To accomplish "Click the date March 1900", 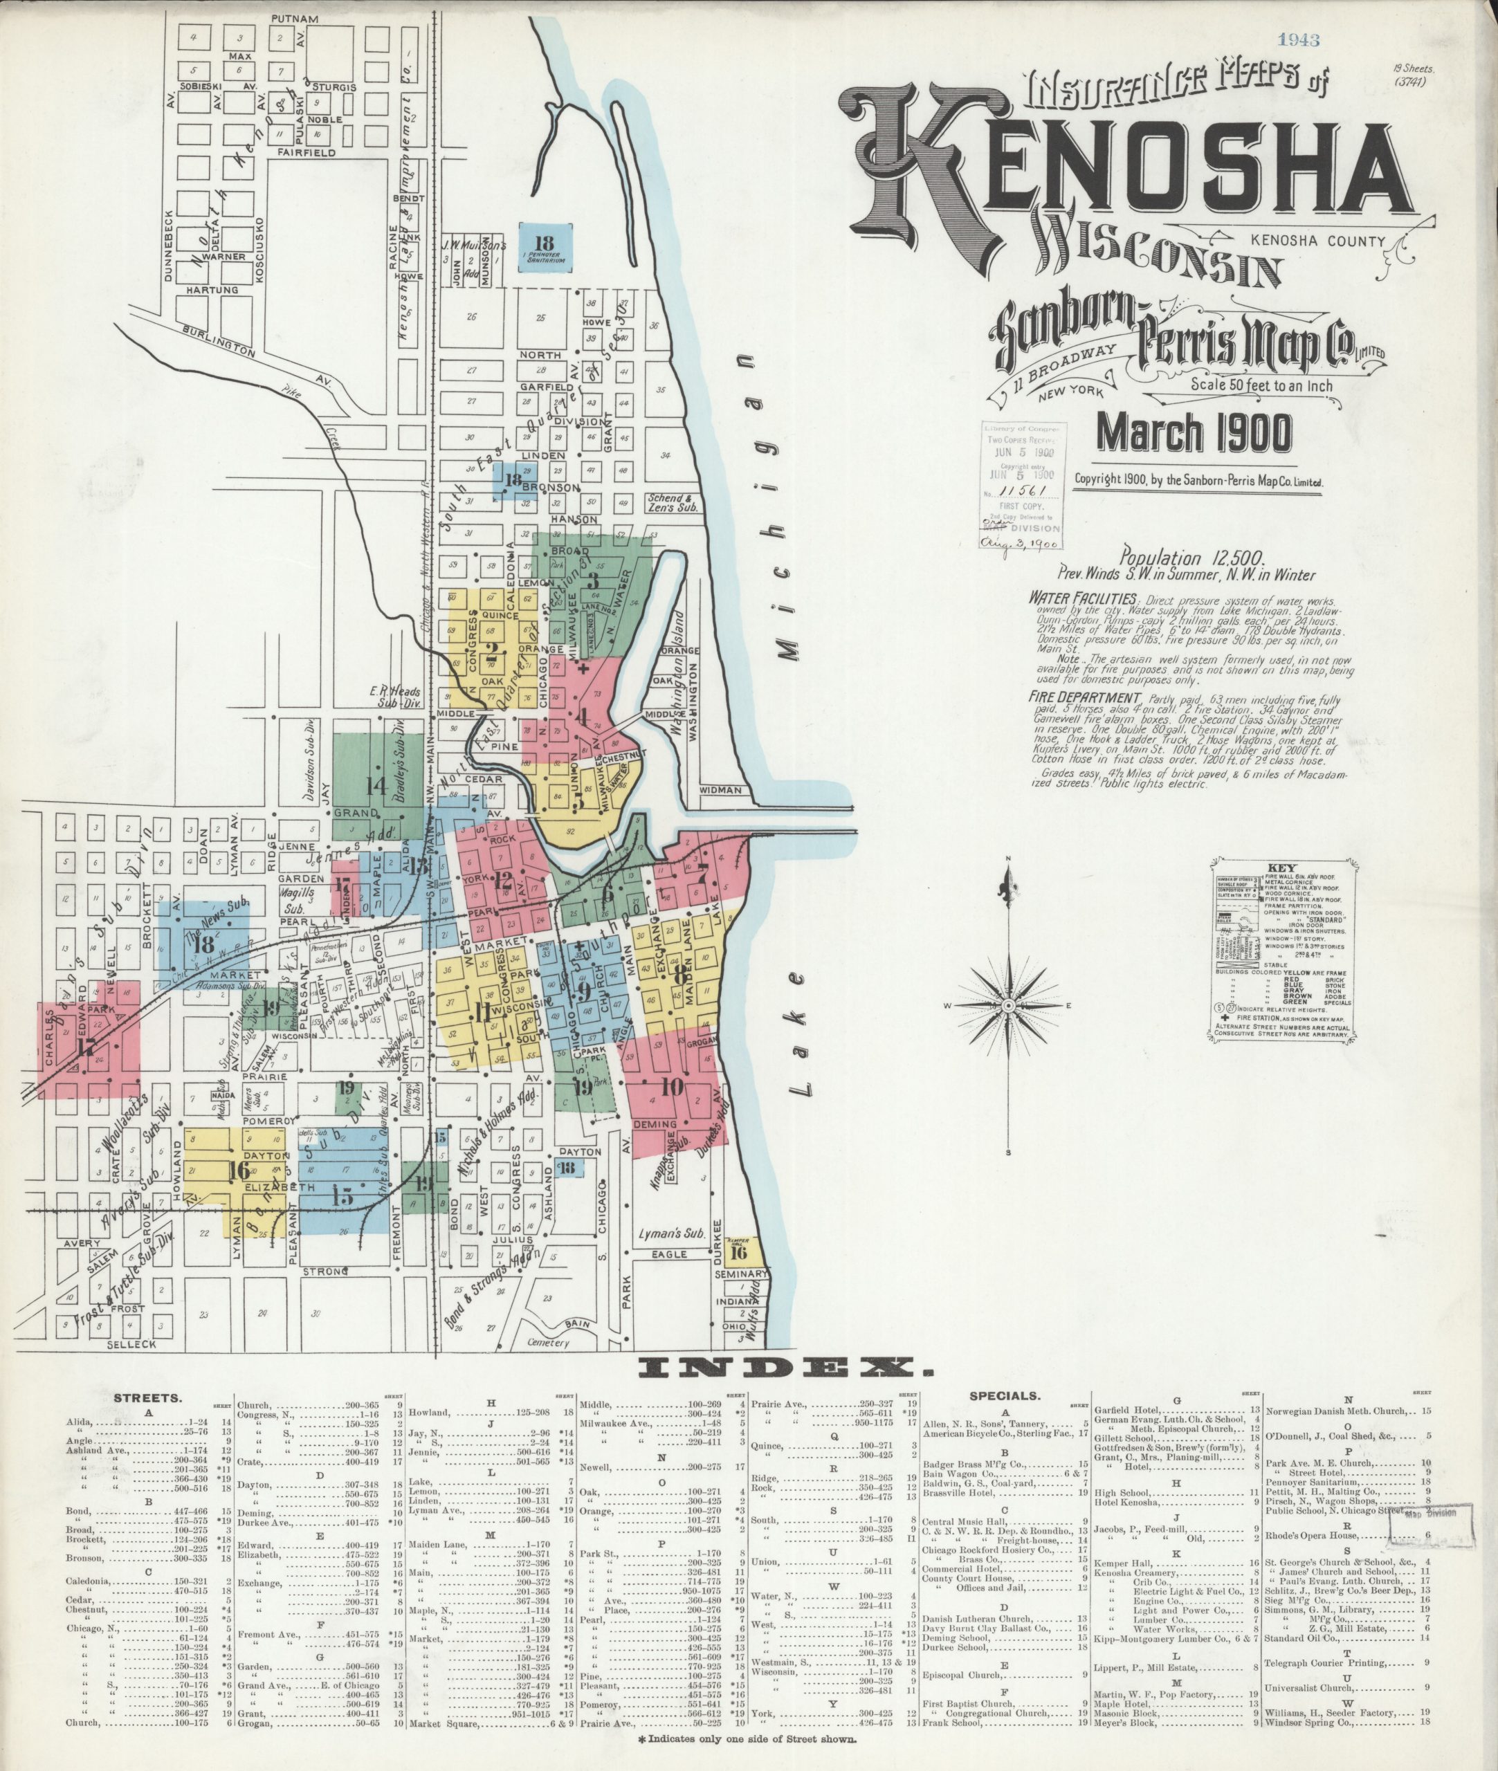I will pos(1195,432).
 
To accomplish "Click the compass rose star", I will pos(1008,1006).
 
